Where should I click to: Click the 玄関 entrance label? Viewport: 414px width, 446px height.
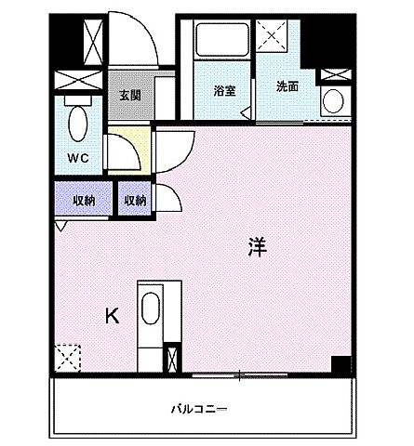point(129,95)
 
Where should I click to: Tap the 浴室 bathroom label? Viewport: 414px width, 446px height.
point(223,91)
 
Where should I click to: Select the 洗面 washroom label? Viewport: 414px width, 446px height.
point(287,86)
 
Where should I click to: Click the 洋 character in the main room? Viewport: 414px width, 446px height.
point(258,246)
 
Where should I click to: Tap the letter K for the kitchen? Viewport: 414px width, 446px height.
point(112,316)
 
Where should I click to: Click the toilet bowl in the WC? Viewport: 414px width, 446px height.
point(79,120)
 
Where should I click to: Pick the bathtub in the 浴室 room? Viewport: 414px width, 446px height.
point(221,41)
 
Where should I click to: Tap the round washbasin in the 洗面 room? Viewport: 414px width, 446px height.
point(332,100)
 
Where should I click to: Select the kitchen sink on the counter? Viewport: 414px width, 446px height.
point(151,308)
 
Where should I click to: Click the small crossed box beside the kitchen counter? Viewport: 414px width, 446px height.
point(171,359)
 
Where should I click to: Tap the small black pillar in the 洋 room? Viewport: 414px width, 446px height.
point(342,364)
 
